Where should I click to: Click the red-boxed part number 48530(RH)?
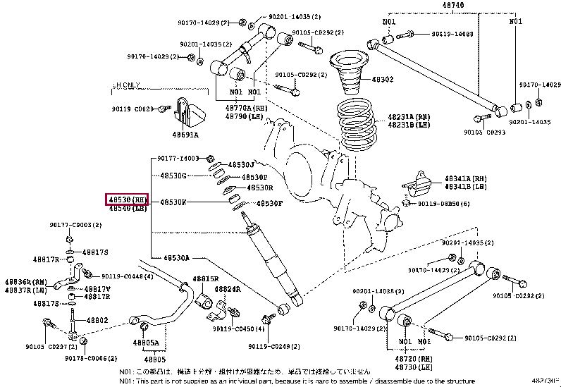[x=126, y=199]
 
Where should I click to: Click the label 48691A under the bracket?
[x=186, y=134]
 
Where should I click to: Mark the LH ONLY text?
[x=126, y=85]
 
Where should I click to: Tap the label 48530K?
[x=173, y=202]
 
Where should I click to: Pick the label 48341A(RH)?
[x=465, y=179]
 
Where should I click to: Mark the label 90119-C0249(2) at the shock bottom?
[x=273, y=346]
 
